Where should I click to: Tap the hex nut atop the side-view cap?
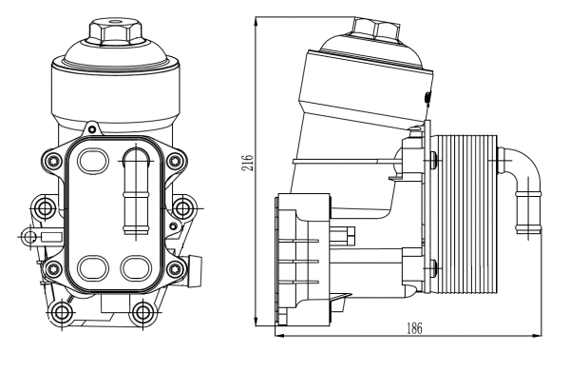[376, 29]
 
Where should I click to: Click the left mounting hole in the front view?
[44, 206]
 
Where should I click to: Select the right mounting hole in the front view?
[182, 206]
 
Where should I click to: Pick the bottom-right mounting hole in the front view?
[142, 310]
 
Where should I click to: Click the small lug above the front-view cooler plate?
[92, 126]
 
